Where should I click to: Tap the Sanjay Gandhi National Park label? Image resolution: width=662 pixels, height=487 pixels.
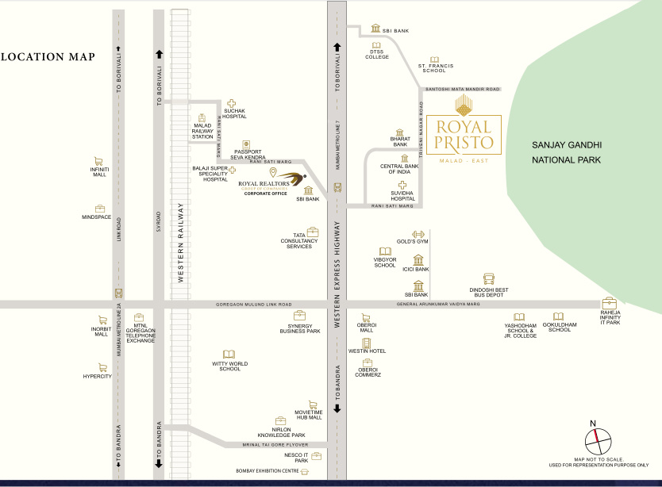[567, 153]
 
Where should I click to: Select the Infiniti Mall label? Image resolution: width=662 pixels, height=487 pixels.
[99, 171]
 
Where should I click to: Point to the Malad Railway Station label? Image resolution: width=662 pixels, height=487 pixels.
[203, 131]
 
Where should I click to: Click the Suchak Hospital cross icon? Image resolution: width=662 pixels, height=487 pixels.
[233, 103]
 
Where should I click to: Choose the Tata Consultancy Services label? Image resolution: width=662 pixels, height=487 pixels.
[299, 243]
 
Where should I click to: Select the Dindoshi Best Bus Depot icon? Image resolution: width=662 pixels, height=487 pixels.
[489, 279]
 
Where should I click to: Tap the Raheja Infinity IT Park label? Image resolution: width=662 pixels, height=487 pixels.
[610, 319]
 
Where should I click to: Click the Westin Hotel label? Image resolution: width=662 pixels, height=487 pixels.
[367, 351]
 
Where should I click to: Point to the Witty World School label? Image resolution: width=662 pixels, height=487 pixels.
[229, 366]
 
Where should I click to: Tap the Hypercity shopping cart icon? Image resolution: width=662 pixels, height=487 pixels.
[102, 367]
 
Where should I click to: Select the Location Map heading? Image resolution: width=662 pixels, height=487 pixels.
[48, 57]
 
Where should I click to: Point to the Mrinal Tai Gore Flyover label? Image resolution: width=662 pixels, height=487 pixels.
[274, 444]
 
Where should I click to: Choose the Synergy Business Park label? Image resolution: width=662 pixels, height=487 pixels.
[299, 328]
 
